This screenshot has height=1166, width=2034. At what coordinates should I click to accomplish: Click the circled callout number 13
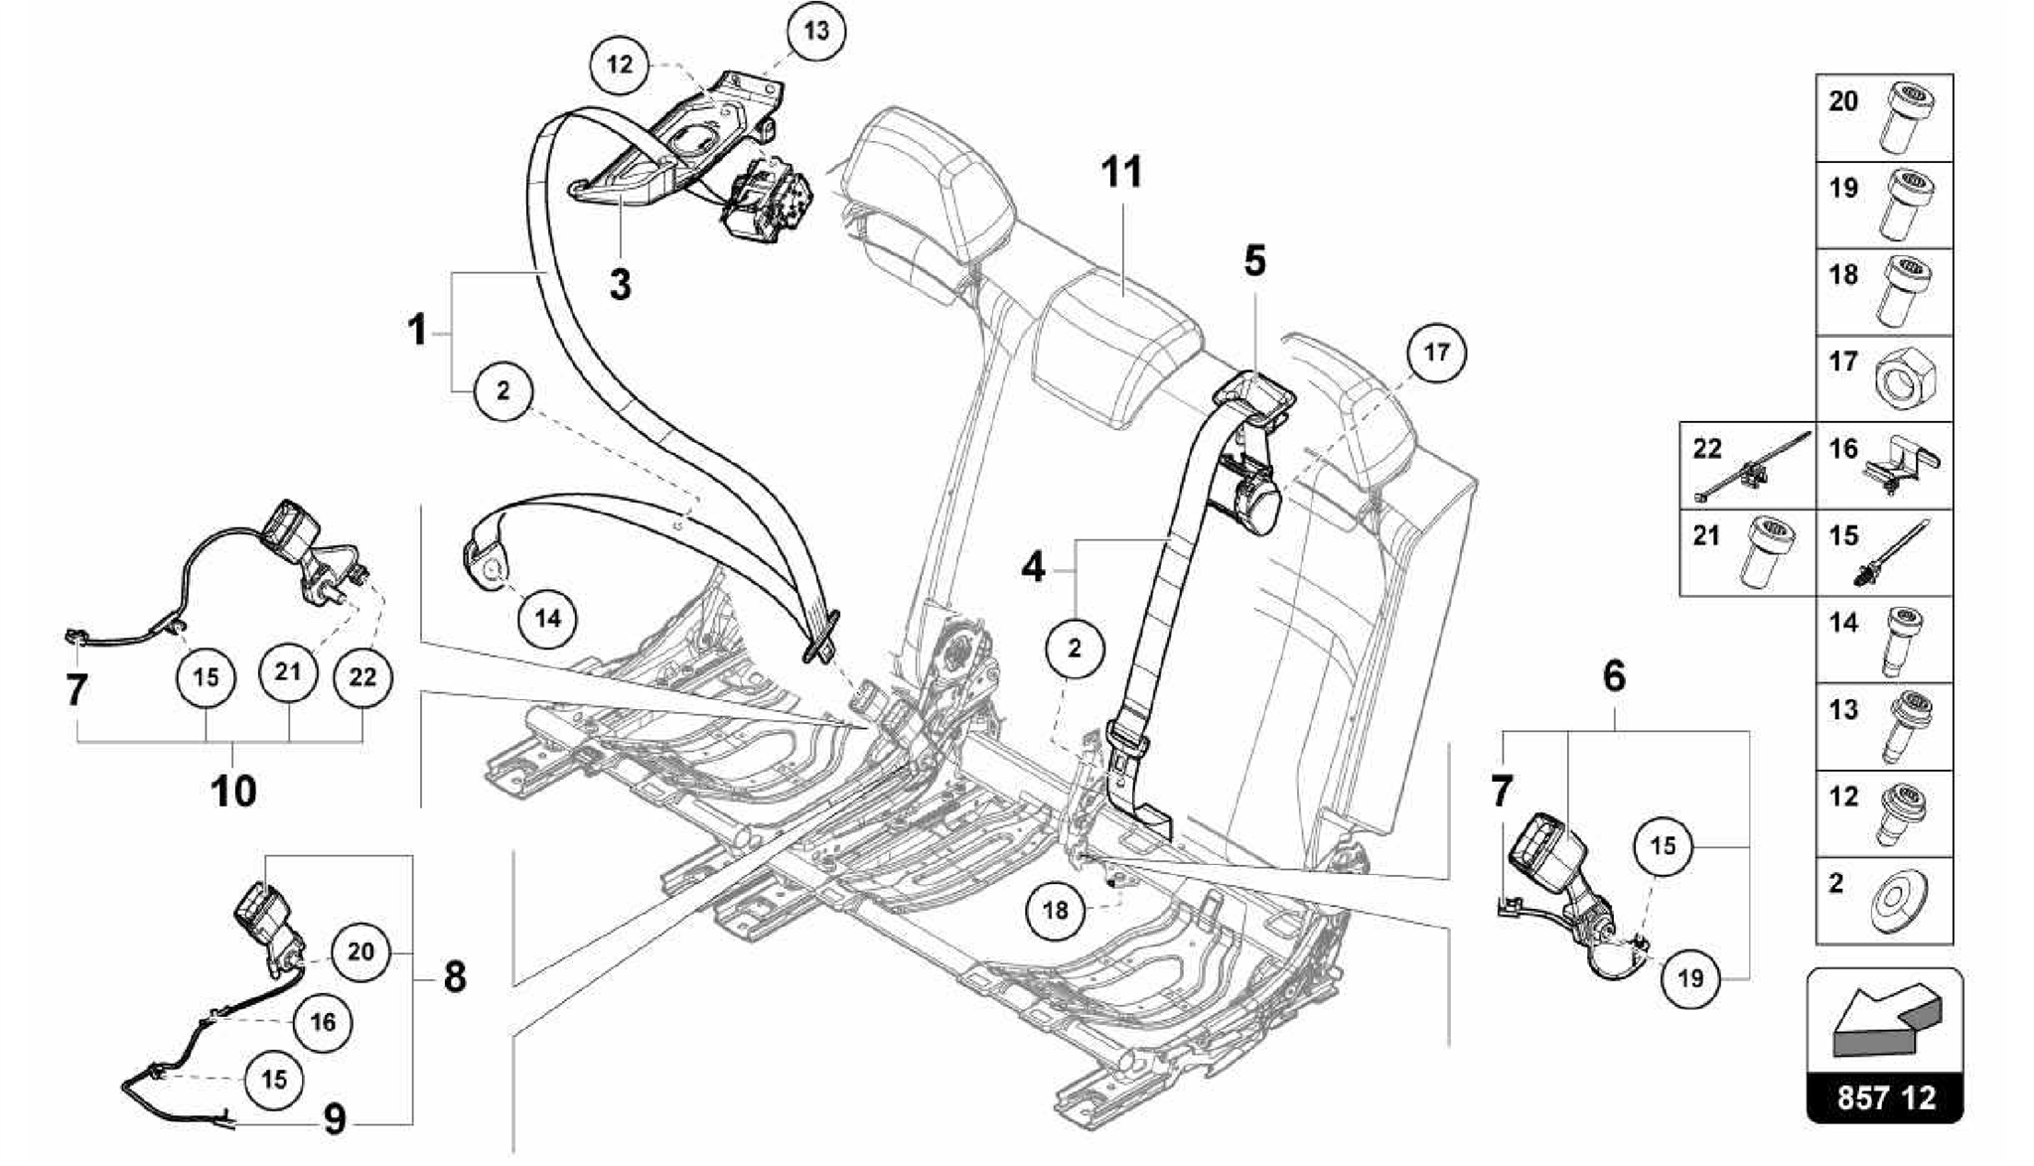pos(815,31)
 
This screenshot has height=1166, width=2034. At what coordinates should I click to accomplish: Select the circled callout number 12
pos(619,66)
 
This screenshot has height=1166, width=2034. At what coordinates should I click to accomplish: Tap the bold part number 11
pos(1121,173)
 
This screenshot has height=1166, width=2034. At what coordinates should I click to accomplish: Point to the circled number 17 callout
pos(1436,353)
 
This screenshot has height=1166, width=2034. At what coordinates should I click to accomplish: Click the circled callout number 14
pos(547,619)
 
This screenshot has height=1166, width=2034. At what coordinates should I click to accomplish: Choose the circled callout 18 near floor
pos(1055,910)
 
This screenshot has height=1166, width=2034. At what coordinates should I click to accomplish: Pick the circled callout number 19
pos(1689,979)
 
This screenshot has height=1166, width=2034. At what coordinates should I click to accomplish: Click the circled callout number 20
pos(360,952)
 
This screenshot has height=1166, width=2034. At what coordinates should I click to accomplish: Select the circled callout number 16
pos(323,1022)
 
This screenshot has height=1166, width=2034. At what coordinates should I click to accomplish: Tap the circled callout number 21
pos(287,672)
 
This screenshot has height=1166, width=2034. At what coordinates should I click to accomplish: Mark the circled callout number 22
pos(363,677)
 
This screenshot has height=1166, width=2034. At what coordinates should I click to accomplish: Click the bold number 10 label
pos(233,792)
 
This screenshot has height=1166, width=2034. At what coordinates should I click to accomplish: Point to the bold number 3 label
pos(620,284)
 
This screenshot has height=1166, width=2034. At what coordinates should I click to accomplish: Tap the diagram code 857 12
pos(1885,1098)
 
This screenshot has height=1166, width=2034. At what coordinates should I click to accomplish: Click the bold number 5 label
pos(1255,261)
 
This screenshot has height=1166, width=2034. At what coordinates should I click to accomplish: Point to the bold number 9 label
pos(336,1121)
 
